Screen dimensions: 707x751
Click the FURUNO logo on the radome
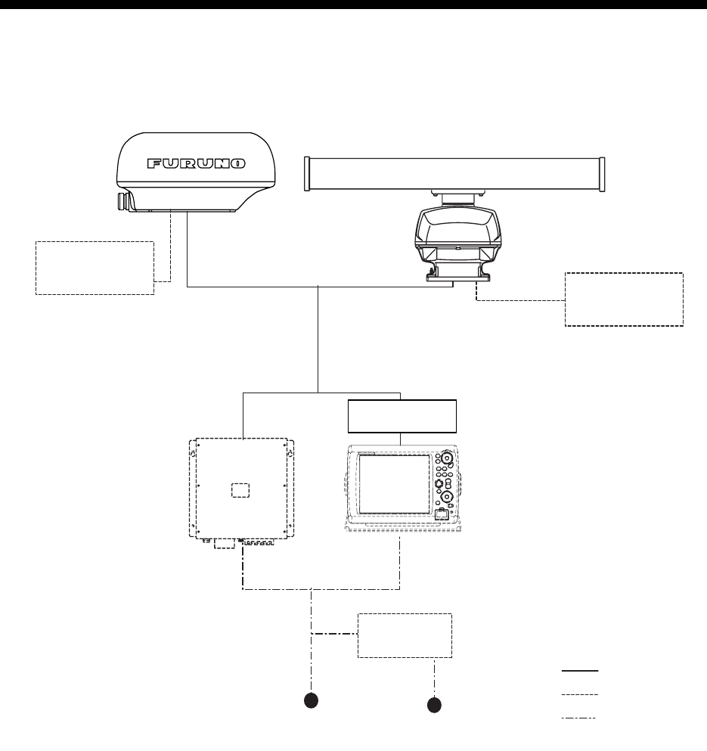coord(195,163)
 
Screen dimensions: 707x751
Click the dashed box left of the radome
coord(95,268)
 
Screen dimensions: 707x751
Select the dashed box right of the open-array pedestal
coord(624,299)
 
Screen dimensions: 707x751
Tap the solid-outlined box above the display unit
coord(401,416)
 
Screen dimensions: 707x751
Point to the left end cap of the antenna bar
coord(307,173)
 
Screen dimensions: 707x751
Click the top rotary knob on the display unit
coord(447,458)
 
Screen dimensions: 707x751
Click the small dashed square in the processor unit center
coord(239,489)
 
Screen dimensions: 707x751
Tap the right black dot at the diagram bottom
coord(434,705)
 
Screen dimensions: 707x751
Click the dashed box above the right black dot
coord(405,635)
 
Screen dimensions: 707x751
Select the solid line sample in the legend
coord(579,671)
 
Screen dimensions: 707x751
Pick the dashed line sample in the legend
coord(579,694)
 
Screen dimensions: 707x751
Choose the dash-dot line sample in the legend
coord(579,717)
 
